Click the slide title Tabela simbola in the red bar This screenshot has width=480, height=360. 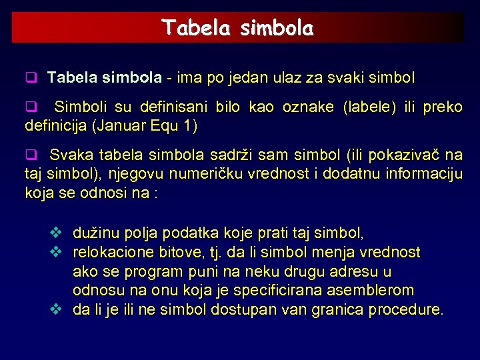237,28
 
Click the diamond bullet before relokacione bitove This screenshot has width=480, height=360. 56,252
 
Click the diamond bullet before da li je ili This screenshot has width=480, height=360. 56,309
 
